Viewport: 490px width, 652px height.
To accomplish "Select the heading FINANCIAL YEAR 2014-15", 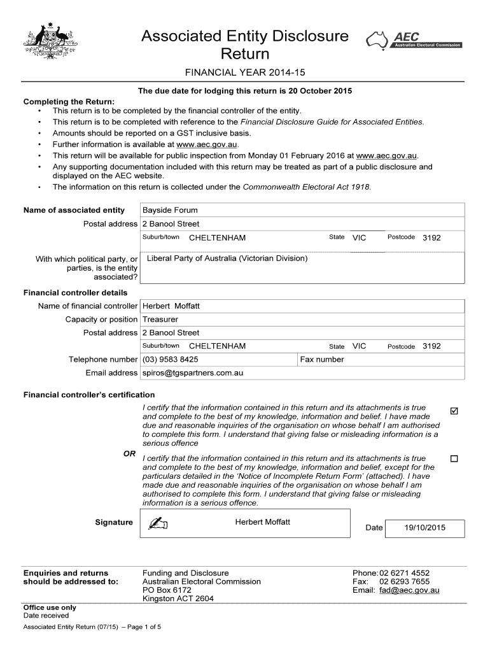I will tap(245, 72).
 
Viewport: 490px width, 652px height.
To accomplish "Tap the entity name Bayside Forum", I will tap(170, 210).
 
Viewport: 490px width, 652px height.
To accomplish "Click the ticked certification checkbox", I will tap(454, 410).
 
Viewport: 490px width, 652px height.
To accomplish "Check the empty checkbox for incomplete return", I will tap(454, 458).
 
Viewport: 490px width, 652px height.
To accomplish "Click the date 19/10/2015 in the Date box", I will tap(425, 527).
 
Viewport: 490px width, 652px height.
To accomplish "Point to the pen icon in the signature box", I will tap(157, 523).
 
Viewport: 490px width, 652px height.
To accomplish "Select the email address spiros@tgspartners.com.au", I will tap(193, 373).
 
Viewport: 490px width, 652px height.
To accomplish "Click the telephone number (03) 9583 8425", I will tap(174, 360).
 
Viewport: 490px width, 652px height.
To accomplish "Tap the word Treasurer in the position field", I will tap(160, 320).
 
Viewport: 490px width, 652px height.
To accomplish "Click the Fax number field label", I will tap(322, 360).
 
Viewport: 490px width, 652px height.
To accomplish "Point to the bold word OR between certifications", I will tap(129, 453).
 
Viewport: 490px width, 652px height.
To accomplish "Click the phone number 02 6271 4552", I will tap(404, 573).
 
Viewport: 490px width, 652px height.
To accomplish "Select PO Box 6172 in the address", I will tap(167, 590).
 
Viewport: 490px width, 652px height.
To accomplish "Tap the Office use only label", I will tap(50, 607).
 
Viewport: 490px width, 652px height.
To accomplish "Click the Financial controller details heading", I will tap(75, 293).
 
